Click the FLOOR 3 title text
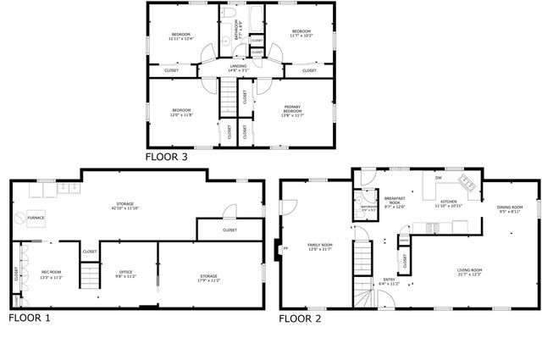pos(166,157)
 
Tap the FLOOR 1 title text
pos(30,318)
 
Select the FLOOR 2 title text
pos(301,318)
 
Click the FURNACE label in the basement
pos(36,218)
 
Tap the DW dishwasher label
pos(438,178)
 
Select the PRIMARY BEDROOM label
pos(292,110)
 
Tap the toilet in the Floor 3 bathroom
pos(226,16)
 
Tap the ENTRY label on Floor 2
pos(389,279)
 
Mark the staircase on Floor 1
pos(89,274)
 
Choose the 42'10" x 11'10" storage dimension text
pos(125,208)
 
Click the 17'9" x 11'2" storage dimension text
pos(208,280)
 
